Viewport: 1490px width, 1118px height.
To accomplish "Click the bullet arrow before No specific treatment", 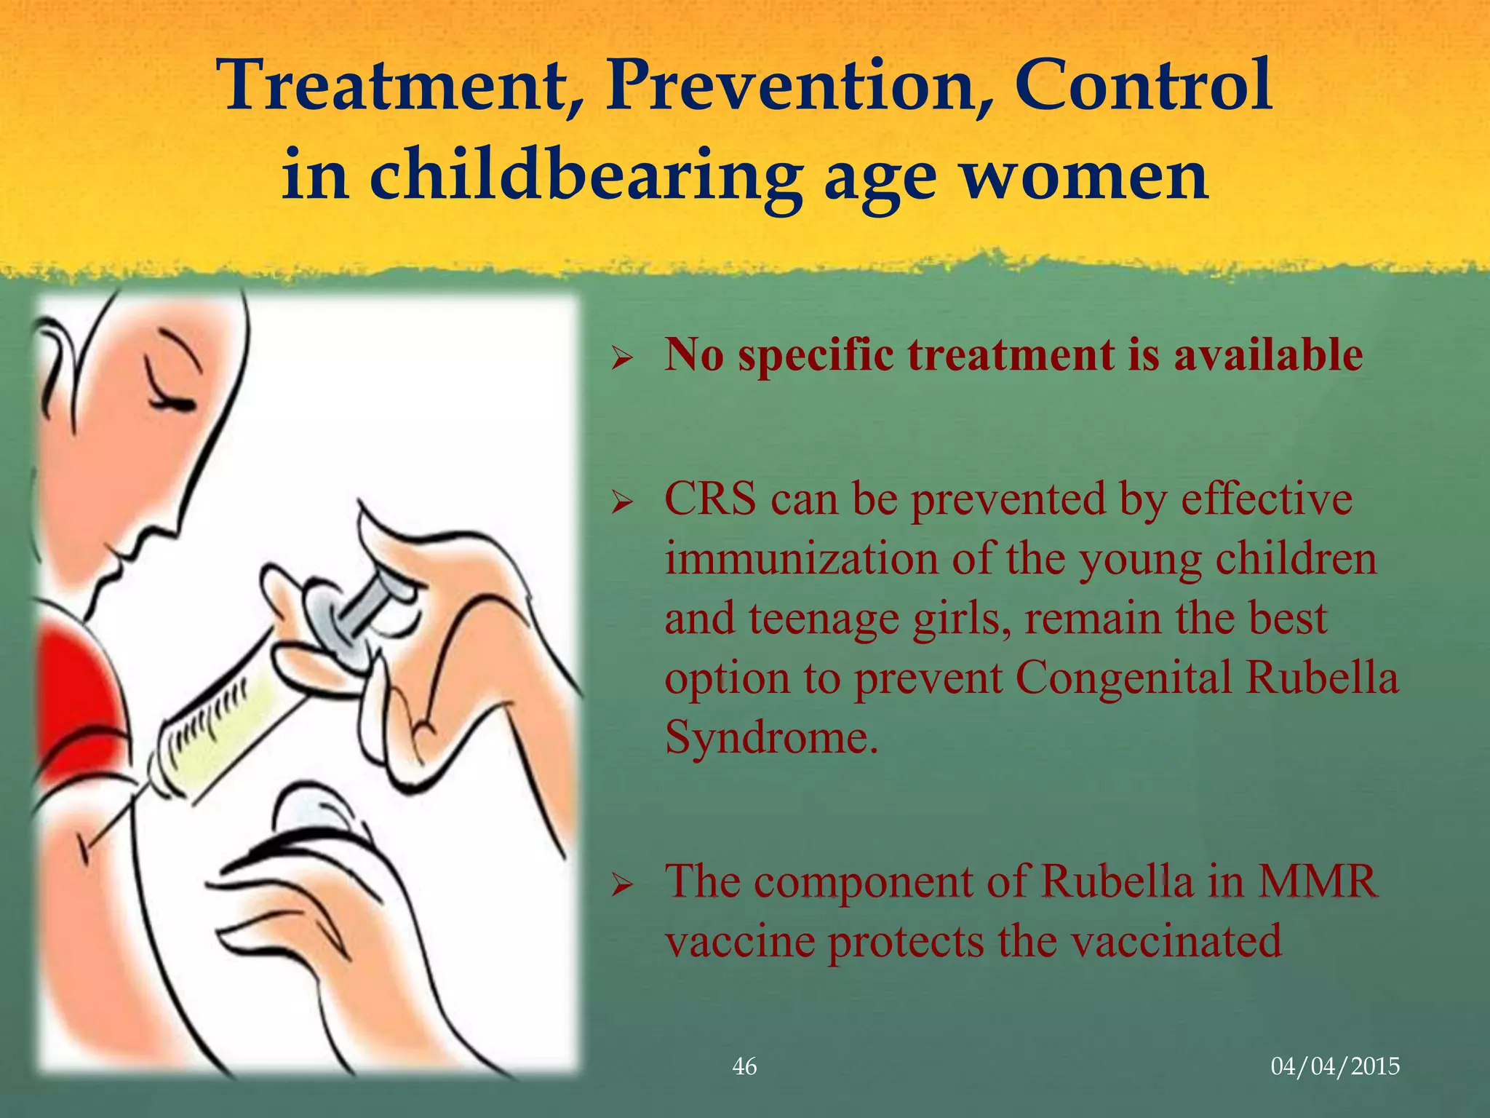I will [623, 358].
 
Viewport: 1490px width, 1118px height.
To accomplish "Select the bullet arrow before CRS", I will [623, 502].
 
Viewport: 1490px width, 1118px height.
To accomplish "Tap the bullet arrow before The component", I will [623, 885].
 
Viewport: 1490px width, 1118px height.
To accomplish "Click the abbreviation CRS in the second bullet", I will [710, 501].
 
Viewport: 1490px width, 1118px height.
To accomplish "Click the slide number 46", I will [744, 1066].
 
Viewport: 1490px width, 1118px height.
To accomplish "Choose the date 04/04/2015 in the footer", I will [1334, 1066].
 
